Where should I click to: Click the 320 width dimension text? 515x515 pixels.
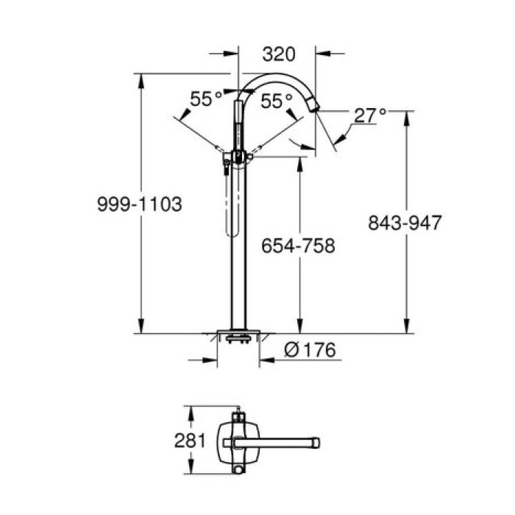(279, 54)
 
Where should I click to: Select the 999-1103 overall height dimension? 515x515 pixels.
(139, 204)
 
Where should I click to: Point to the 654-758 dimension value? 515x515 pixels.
(298, 246)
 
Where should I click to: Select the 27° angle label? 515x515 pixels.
(369, 116)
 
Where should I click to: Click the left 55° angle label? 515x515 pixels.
(206, 99)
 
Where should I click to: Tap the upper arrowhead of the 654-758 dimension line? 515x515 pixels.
(298, 160)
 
